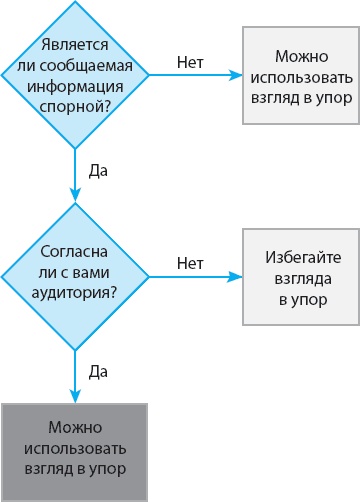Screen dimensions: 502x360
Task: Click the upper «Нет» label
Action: click(x=190, y=62)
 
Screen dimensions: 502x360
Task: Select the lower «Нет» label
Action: click(x=190, y=264)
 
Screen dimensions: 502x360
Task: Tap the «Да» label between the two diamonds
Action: click(x=98, y=170)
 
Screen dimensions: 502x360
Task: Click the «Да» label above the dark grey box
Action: click(x=98, y=372)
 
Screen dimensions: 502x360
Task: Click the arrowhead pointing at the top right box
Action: click(x=236, y=75)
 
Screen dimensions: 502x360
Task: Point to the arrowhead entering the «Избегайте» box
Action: click(x=236, y=276)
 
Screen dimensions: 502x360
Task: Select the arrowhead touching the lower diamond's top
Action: click(x=75, y=195)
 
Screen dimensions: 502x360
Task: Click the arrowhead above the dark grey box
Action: click(x=75, y=397)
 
